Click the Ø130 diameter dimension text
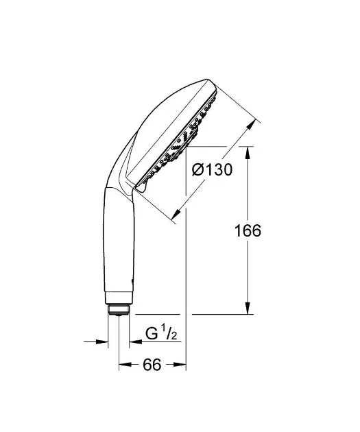point(209,169)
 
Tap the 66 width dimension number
point(152,365)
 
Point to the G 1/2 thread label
point(161,335)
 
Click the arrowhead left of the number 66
point(124,365)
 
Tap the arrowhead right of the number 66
point(182,365)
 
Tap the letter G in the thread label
point(151,335)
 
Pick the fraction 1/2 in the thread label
point(171,335)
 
